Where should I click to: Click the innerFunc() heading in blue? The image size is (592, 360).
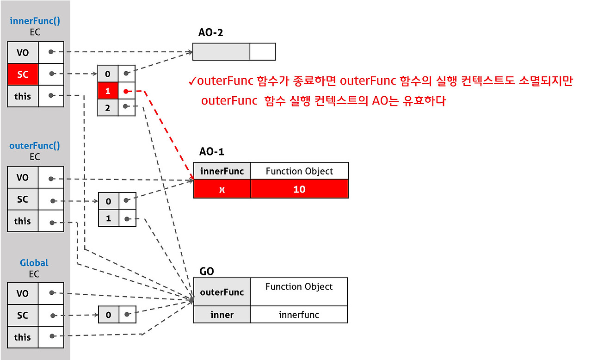coord(35,21)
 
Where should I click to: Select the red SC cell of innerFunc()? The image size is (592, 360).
coord(23,74)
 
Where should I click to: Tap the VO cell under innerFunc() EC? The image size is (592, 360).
coord(23,52)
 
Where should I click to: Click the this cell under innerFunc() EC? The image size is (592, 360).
coord(23,96)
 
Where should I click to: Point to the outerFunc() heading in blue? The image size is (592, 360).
coord(35,146)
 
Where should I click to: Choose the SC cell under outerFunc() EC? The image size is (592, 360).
coord(23,199)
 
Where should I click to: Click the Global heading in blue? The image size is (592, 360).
coord(34,263)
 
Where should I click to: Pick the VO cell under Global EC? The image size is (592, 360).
coord(23,293)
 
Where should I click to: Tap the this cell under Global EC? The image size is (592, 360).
coord(23,337)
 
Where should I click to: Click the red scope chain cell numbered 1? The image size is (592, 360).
coord(108,91)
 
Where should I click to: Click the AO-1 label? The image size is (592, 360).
coord(212,152)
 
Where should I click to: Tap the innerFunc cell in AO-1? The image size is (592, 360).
coord(222,171)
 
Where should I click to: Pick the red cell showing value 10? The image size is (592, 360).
coord(299,189)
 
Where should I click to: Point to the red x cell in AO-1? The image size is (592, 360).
coord(222,189)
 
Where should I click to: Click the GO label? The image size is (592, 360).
coord(206,271)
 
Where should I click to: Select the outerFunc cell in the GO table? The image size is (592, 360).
coord(222,292)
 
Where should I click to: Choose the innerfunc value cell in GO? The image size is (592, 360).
coord(299,315)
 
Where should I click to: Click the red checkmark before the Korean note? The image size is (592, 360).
coord(192,82)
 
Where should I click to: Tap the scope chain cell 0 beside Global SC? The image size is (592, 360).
coord(108,315)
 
